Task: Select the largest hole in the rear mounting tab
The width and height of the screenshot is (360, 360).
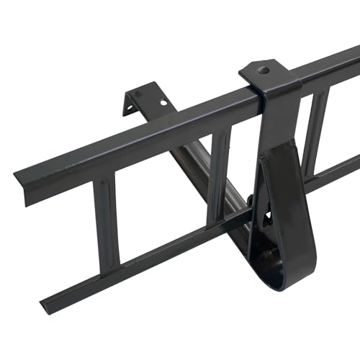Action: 164,103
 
